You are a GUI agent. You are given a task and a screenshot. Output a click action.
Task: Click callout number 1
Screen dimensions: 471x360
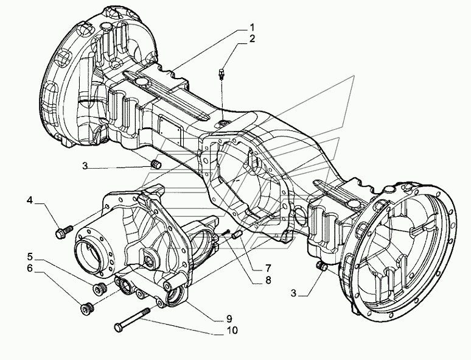click(x=252, y=27)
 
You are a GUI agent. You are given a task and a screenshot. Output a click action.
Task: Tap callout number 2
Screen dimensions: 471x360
click(x=252, y=39)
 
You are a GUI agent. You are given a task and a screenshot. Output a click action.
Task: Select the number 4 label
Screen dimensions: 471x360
click(x=29, y=200)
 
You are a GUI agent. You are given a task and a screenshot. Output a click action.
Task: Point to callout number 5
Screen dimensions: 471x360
click(x=30, y=257)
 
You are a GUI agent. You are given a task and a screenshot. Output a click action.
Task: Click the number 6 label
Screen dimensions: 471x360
click(x=29, y=268)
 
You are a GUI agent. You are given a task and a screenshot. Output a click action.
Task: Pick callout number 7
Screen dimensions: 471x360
click(x=268, y=267)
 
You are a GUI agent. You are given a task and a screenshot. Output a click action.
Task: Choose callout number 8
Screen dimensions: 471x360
click(x=268, y=280)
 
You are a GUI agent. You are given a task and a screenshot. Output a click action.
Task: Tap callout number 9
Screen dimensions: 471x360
click(x=229, y=318)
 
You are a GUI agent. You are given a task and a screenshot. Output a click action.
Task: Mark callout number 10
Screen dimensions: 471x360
click(x=232, y=330)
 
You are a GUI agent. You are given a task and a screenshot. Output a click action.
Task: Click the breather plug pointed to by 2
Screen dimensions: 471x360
click(x=222, y=73)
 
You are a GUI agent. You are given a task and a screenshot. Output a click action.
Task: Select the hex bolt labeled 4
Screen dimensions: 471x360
click(x=65, y=231)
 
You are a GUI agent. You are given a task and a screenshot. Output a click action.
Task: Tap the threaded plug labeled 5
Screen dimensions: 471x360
click(x=99, y=289)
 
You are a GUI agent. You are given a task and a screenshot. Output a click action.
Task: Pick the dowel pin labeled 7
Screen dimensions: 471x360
click(x=237, y=235)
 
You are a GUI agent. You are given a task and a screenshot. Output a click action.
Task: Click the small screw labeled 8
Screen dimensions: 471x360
click(x=226, y=233)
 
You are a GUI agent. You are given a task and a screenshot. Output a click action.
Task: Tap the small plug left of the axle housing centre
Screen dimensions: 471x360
click(x=156, y=164)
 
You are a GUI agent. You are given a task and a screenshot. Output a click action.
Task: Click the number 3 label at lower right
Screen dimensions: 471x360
click(x=293, y=293)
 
